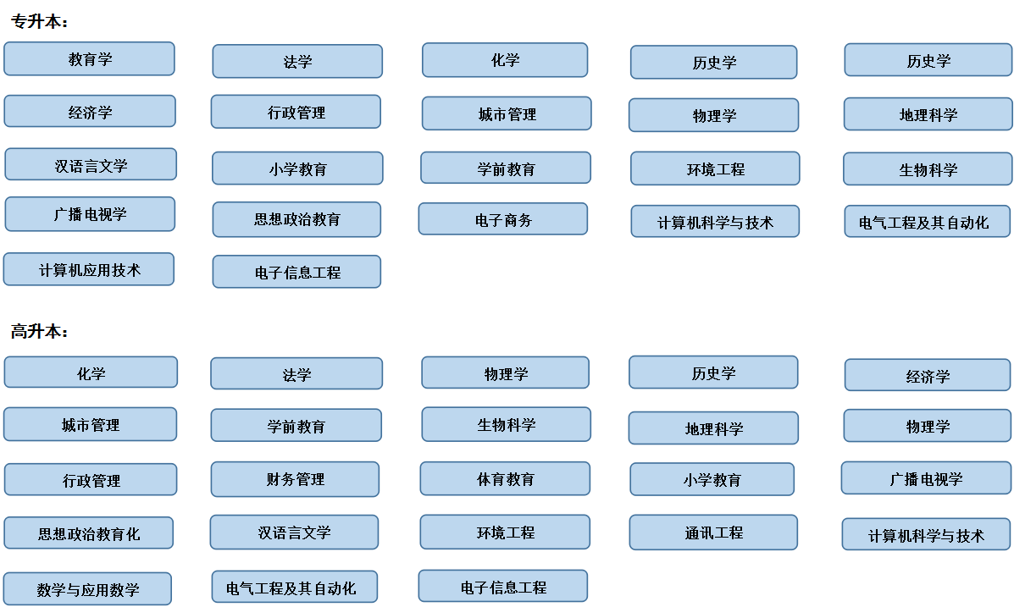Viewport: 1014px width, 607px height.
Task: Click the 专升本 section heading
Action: pyautogui.click(x=40, y=21)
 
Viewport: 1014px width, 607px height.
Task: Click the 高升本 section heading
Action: pyautogui.click(x=40, y=332)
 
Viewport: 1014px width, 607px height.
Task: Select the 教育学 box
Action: pyautogui.click(x=89, y=58)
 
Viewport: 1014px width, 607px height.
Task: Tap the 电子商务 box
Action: pyautogui.click(x=503, y=219)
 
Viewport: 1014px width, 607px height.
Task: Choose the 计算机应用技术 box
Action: pyautogui.click(x=89, y=269)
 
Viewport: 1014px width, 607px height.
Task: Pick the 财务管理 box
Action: pyautogui.click(x=295, y=479)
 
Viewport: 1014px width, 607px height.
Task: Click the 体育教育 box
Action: pyautogui.click(x=505, y=479)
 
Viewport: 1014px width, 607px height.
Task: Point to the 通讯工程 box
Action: pyautogui.click(x=713, y=533)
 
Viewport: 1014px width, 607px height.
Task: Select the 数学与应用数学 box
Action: pyautogui.click(x=87, y=589)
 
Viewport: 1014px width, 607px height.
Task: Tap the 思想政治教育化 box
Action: pyautogui.click(x=89, y=533)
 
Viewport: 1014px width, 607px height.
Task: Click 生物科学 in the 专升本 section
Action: pyautogui.click(x=928, y=169)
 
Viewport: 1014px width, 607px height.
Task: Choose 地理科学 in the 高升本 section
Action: pyautogui.click(x=713, y=428)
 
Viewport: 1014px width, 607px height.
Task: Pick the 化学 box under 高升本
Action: pyautogui.click(x=91, y=372)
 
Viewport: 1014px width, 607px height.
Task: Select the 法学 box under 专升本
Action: pyautogui.click(x=297, y=62)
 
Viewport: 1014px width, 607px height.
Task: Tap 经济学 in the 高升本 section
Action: pyautogui.click(x=928, y=376)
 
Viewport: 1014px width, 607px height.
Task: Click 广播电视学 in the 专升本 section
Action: pyautogui.click(x=90, y=214)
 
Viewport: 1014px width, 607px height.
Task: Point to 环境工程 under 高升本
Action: pyautogui.click(x=505, y=532)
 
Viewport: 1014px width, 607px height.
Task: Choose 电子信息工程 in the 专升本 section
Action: pyautogui.click(x=296, y=272)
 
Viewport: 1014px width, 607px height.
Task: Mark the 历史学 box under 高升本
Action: pyautogui.click(x=713, y=372)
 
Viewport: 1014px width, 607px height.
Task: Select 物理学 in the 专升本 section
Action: pyautogui.click(x=714, y=115)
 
